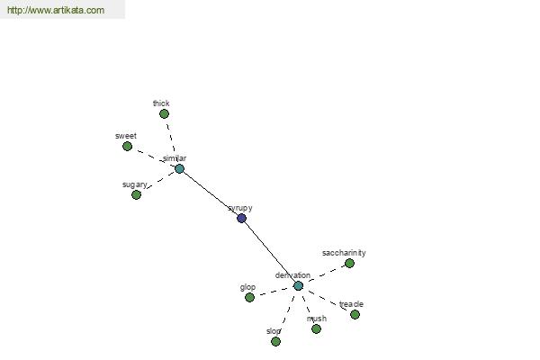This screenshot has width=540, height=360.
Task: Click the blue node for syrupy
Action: pyautogui.click(x=242, y=218)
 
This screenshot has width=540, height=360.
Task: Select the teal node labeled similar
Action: pyautogui.click(x=179, y=169)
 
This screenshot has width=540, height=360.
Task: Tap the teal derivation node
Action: pyautogui.click(x=298, y=285)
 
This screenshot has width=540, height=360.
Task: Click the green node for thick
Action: pyautogui.click(x=165, y=113)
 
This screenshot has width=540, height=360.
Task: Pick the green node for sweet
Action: pyautogui.click(x=128, y=146)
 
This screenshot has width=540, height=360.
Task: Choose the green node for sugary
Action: pyautogui.click(x=137, y=194)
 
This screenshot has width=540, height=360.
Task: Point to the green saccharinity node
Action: pyautogui.click(x=349, y=263)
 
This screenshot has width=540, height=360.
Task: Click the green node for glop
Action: pyautogui.click(x=249, y=297)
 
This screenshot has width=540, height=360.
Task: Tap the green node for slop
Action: pyautogui.click(x=275, y=341)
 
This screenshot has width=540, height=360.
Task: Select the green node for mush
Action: pyautogui.click(x=316, y=328)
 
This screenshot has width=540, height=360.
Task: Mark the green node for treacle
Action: pyautogui.click(x=355, y=314)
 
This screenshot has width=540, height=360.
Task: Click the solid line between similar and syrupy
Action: pyautogui.click(x=211, y=193)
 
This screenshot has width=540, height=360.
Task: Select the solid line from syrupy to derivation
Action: pyautogui.click(x=270, y=251)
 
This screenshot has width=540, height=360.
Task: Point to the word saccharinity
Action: pyautogui.click(x=344, y=253)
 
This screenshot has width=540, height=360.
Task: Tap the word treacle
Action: pyautogui.click(x=351, y=304)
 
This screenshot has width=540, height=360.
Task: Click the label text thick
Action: pyautogui.click(x=161, y=103)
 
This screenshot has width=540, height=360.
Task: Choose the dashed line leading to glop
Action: pyautogui.click(x=274, y=292)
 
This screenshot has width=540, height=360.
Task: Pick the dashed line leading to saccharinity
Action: pyautogui.click(x=326, y=274)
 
